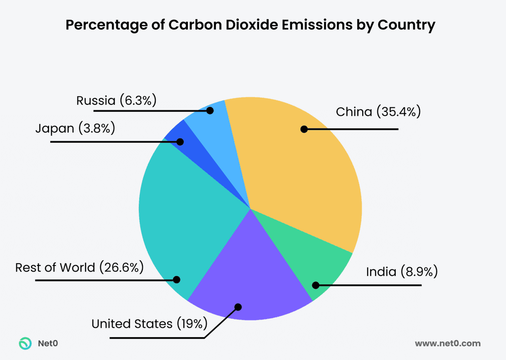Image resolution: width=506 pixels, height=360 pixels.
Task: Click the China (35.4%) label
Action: [378, 112]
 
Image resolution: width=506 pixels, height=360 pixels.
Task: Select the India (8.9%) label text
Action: [402, 271]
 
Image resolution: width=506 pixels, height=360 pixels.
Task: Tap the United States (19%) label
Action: [149, 324]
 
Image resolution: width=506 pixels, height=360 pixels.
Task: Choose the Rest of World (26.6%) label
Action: [80, 268]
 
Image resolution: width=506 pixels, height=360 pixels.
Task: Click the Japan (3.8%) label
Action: [75, 129]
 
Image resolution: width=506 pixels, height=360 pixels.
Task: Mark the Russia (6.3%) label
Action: [116, 101]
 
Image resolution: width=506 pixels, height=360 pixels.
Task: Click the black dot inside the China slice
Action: [304, 130]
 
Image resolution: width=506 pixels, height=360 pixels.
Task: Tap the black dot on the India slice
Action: [315, 285]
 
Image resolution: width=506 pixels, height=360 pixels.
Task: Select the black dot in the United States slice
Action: [238, 307]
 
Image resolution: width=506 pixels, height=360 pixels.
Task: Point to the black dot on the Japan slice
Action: [180, 142]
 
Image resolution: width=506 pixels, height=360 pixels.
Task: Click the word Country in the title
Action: [407, 25]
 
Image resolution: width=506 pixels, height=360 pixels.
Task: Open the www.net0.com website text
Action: [447, 343]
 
